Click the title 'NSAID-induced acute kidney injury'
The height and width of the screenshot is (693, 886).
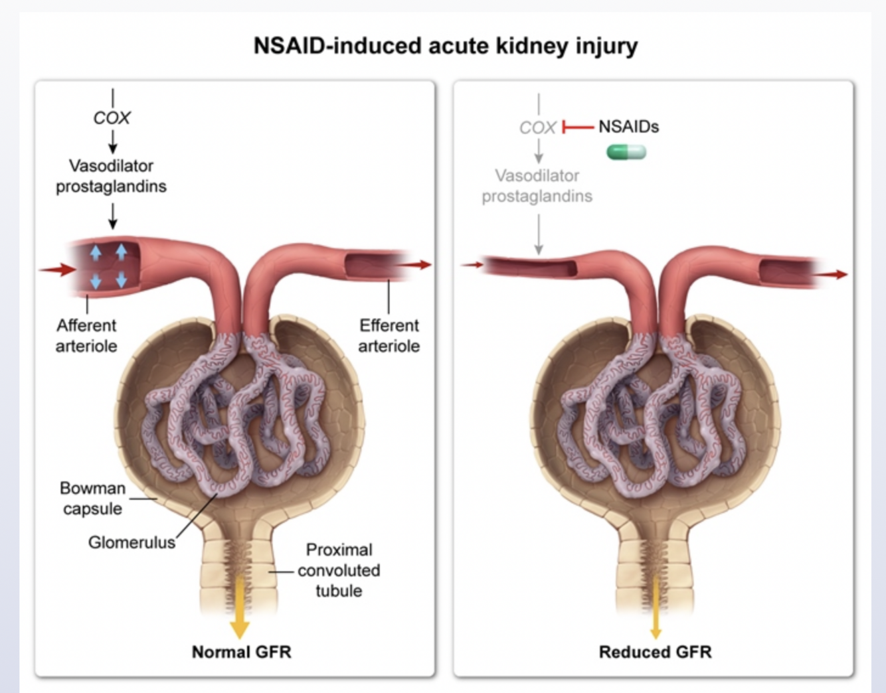pyautogui.click(x=445, y=46)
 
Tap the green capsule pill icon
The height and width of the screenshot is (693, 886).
pyautogui.click(x=626, y=153)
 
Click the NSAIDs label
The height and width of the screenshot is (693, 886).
pyautogui.click(x=628, y=127)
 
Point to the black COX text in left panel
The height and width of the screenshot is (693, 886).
pyautogui.click(x=112, y=118)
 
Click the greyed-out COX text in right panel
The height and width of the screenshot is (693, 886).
pyautogui.click(x=537, y=127)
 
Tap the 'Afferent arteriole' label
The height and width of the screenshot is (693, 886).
pyautogui.click(x=86, y=335)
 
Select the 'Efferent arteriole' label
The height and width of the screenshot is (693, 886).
pyautogui.click(x=389, y=335)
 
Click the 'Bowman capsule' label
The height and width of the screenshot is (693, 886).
pyautogui.click(x=92, y=498)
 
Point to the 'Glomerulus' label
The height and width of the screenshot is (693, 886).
pyautogui.click(x=132, y=542)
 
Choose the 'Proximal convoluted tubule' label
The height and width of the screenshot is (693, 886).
pyautogui.click(x=339, y=570)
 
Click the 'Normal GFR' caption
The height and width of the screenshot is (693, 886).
pyautogui.click(x=241, y=652)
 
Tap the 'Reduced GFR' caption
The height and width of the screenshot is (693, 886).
pyautogui.click(x=655, y=652)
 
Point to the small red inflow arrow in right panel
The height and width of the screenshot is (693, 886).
pyautogui.click(x=472, y=265)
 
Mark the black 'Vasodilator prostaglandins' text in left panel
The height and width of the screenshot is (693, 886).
pyautogui.click(x=111, y=176)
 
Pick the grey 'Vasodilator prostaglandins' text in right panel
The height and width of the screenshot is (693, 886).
pyautogui.click(x=537, y=186)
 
